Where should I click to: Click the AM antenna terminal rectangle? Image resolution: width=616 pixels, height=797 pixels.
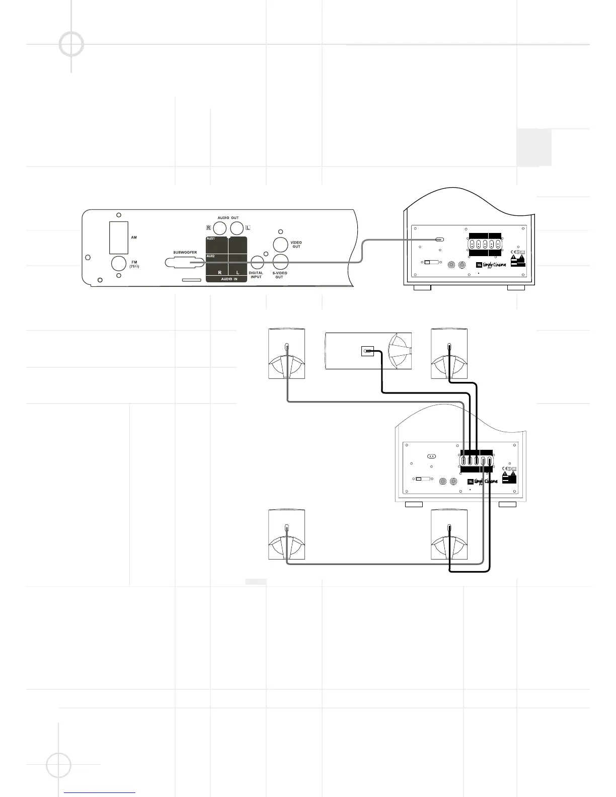119,237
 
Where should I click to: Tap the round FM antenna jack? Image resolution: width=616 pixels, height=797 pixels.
119,264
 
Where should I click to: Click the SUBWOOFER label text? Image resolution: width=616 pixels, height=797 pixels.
185,253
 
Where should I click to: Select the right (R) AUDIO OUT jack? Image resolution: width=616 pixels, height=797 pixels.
220,228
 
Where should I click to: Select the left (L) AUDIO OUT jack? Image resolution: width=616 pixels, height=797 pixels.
237,228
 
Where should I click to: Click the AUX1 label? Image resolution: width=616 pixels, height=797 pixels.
210,239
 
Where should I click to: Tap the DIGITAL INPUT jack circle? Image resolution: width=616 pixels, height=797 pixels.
257,262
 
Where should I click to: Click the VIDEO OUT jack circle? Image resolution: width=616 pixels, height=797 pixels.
280,245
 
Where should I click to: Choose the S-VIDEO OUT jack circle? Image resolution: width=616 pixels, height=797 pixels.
280,262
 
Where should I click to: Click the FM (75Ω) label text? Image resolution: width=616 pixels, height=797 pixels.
134,264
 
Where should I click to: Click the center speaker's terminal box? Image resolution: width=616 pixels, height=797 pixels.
368,351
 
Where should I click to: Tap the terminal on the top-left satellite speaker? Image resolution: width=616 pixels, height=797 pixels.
287,347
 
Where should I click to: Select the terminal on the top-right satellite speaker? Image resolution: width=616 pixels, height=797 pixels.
449,347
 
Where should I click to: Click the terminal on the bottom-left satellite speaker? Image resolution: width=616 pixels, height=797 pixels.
287,528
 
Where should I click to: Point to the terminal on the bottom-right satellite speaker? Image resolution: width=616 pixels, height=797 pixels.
449,528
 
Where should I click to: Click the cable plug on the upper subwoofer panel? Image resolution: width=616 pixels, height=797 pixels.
439,240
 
